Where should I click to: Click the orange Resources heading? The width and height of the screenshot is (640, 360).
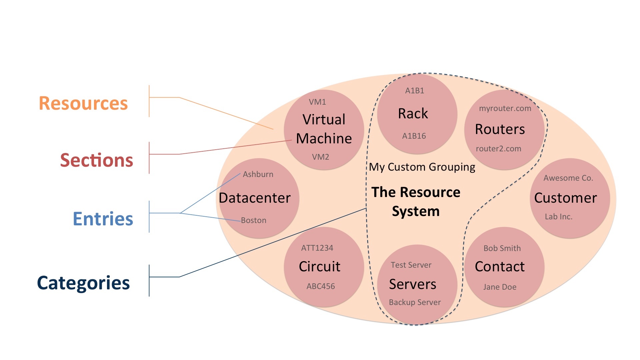pos(83,103)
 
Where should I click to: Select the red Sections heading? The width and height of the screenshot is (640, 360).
pos(97,160)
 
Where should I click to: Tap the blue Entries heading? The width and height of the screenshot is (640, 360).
pos(103,219)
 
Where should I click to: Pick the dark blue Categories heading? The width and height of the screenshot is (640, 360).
pos(83,283)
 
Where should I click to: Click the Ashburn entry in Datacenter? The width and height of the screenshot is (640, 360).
pos(258,174)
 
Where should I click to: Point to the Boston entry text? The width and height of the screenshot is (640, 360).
pos(254,220)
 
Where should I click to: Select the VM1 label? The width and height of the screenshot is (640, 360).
pos(317,102)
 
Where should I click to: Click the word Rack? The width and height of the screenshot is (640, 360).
pos(413,114)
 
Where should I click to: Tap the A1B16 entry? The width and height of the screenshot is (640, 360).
pos(414,136)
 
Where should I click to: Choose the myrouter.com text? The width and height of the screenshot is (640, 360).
pos(505,108)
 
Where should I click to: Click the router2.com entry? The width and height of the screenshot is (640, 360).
pos(498,149)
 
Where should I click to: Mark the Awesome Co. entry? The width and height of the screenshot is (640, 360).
pos(568,178)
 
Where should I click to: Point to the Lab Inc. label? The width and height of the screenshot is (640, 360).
pos(559,217)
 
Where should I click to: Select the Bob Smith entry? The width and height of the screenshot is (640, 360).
pos(502,248)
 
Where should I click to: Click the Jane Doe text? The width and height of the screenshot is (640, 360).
pos(500,287)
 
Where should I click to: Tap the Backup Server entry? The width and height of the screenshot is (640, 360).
pos(415,302)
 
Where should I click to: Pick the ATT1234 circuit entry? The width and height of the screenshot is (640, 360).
pos(317,248)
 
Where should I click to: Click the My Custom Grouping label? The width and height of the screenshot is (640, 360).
pos(422,167)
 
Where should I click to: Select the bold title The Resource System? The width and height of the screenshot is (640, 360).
pos(416,201)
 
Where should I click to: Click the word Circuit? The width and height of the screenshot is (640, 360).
pos(319,266)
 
